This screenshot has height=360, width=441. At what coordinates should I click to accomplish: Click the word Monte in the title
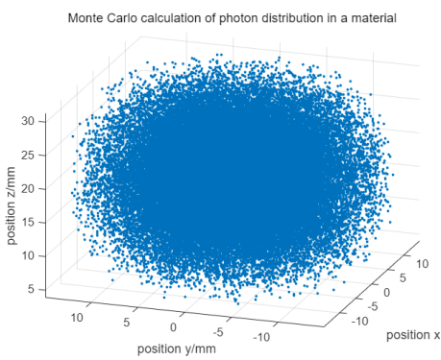click(x=87, y=18)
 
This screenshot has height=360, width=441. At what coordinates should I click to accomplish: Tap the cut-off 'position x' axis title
click(x=413, y=335)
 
